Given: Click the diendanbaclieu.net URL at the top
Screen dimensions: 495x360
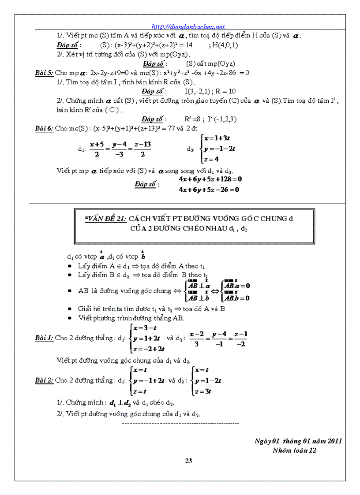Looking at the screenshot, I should [188, 26].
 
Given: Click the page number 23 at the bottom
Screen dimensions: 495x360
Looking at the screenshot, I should [188, 461].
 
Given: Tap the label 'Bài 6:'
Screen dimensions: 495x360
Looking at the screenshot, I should [44, 128].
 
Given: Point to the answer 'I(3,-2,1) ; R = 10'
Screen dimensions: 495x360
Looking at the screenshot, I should [210, 91].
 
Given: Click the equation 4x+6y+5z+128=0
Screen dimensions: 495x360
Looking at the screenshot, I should [210, 179].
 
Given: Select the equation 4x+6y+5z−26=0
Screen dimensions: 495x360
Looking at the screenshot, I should [209, 190].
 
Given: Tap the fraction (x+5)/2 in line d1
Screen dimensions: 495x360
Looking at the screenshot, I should [96, 149].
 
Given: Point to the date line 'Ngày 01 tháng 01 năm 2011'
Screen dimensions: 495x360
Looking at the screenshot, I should [298, 441].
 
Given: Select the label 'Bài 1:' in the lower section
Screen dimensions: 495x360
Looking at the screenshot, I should [44, 338].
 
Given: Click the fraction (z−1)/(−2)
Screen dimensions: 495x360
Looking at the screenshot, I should [240, 339].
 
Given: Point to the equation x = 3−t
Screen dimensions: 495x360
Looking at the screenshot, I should [146, 328].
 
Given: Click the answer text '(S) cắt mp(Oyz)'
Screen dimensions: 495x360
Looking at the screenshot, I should [210, 63].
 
